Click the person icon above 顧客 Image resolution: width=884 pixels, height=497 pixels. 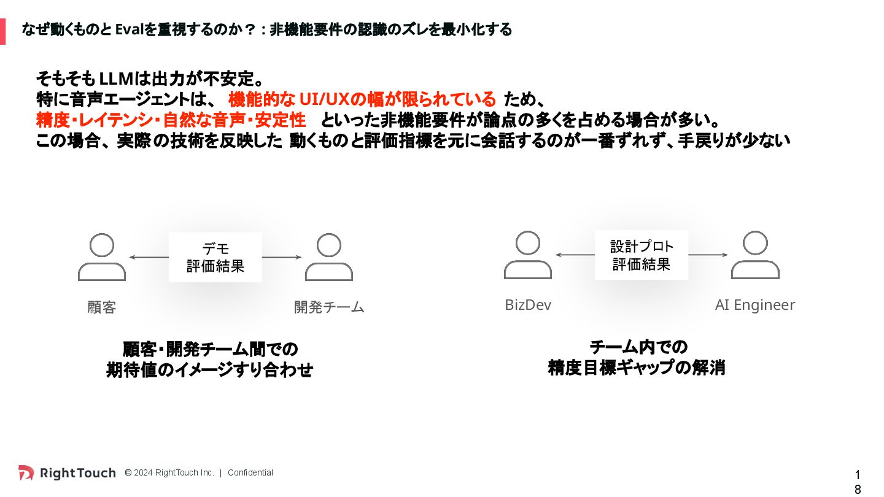pyautogui.click(x=102, y=257)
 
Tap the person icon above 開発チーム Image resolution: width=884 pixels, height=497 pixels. pyautogui.click(x=329, y=257)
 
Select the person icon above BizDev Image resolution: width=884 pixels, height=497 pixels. pyautogui.click(x=528, y=255)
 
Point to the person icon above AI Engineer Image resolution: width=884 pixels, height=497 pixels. pyautogui.click(x=755, y=255)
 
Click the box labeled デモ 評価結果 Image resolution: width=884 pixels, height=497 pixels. pyautogui.click(x=215, y=257)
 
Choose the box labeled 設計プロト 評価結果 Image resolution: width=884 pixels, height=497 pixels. pyautogui.click(x=642, y=255)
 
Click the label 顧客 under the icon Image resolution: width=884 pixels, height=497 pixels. pyautogui.click(x=102, y=307)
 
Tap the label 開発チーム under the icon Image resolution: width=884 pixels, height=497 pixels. pyautogui.click(x=329, y=307)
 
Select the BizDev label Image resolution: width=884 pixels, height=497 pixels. pyautogui.click(x=528, y=305)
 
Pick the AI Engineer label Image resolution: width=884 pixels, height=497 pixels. pyautogui.click(x=755, y=305)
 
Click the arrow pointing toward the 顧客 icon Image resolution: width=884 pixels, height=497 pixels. pyautogui.click(x=147, y=257)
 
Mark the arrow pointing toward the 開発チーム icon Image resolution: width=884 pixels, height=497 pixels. pyautogui.click(x=282, y=257)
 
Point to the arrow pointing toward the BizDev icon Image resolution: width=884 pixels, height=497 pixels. pyautogui.click(x=574, y=255)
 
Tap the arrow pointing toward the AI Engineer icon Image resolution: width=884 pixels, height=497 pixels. pyautogui.click(x=708, y=255)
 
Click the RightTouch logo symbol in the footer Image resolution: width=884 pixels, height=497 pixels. pyautogui.click(x=26, y=472)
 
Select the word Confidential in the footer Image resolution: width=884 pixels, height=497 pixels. pyautogui.click(x=250, y=472)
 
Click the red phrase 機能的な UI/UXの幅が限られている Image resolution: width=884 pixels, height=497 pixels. pyautogui.click(x=362, y=99)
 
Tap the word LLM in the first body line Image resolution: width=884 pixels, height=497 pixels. pyautogui.click(x=116, y=79)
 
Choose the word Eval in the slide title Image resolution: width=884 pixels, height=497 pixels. pyautogui.click(x=129, y=29)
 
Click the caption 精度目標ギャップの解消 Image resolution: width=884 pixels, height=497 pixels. pyautogui.click(x=637, y=368)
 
